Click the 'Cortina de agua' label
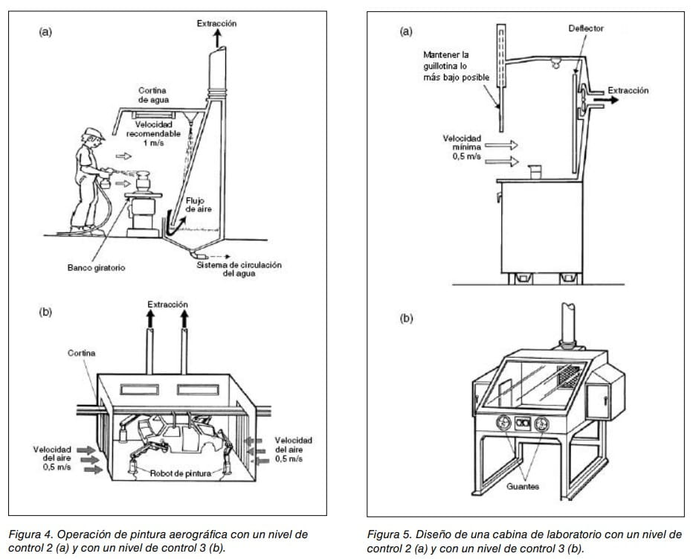(154, 95)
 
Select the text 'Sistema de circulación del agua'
(238, 269)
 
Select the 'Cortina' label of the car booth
(81, 351)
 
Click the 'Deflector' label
(586, 28)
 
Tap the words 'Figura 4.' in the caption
(30, 534)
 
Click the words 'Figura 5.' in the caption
(390, 534)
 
